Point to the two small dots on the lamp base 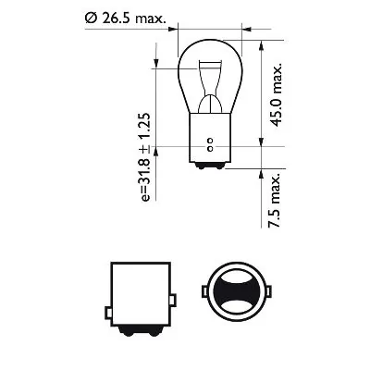click(211, 144)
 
